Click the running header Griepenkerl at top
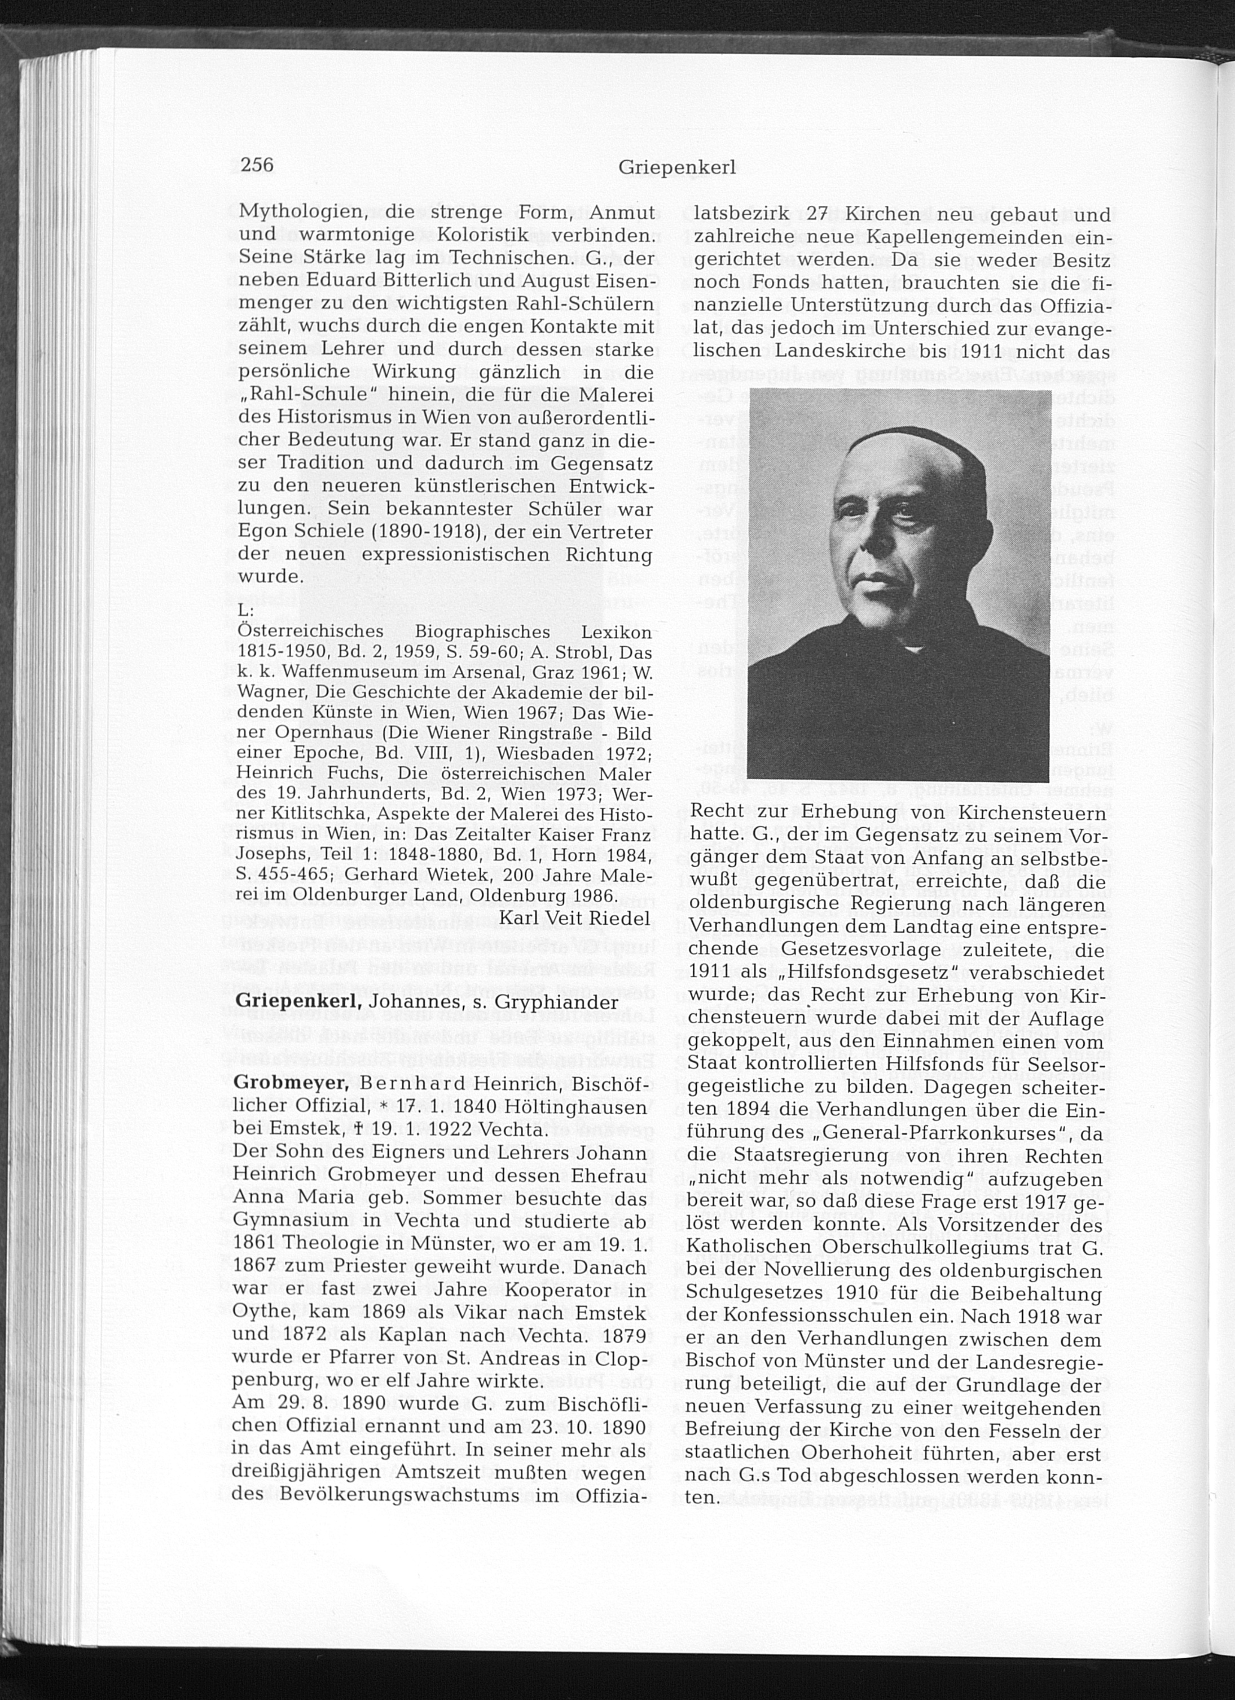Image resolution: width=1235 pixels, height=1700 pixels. point(676,168)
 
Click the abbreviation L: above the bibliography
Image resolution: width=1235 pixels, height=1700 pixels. point(246,611)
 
